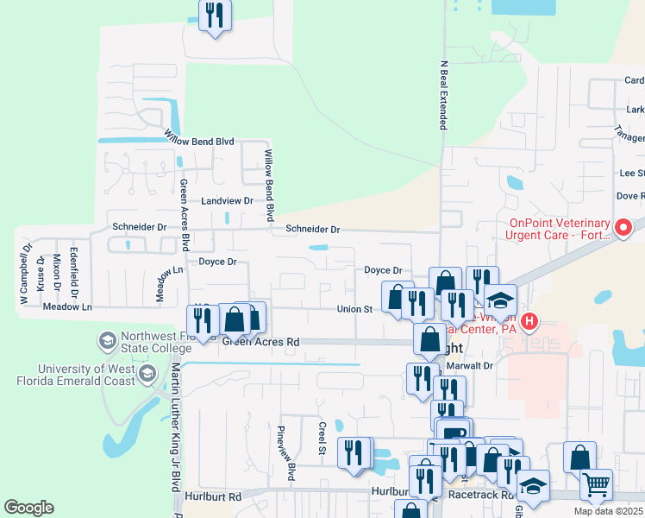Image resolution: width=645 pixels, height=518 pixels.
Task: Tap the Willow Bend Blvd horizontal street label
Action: (x=199, y=140)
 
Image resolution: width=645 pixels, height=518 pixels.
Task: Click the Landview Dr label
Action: (x=226, y=200)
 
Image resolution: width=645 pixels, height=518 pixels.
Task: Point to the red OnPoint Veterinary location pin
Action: (x=623, y=228)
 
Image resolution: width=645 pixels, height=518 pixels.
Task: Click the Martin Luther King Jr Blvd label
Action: (x=175, y=432)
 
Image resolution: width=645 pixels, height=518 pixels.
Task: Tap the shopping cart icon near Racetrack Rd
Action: (x=596, y=484)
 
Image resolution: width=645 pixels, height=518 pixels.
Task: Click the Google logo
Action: (x=28, y=507)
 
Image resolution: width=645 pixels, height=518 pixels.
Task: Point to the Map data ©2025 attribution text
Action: (x=608, y=511)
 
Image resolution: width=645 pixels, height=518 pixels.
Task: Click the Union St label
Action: (x=354, y=308)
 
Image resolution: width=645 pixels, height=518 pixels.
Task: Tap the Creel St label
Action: (x=322, y=440)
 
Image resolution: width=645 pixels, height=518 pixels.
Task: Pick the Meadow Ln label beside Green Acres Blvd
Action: (x=158, y=283)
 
